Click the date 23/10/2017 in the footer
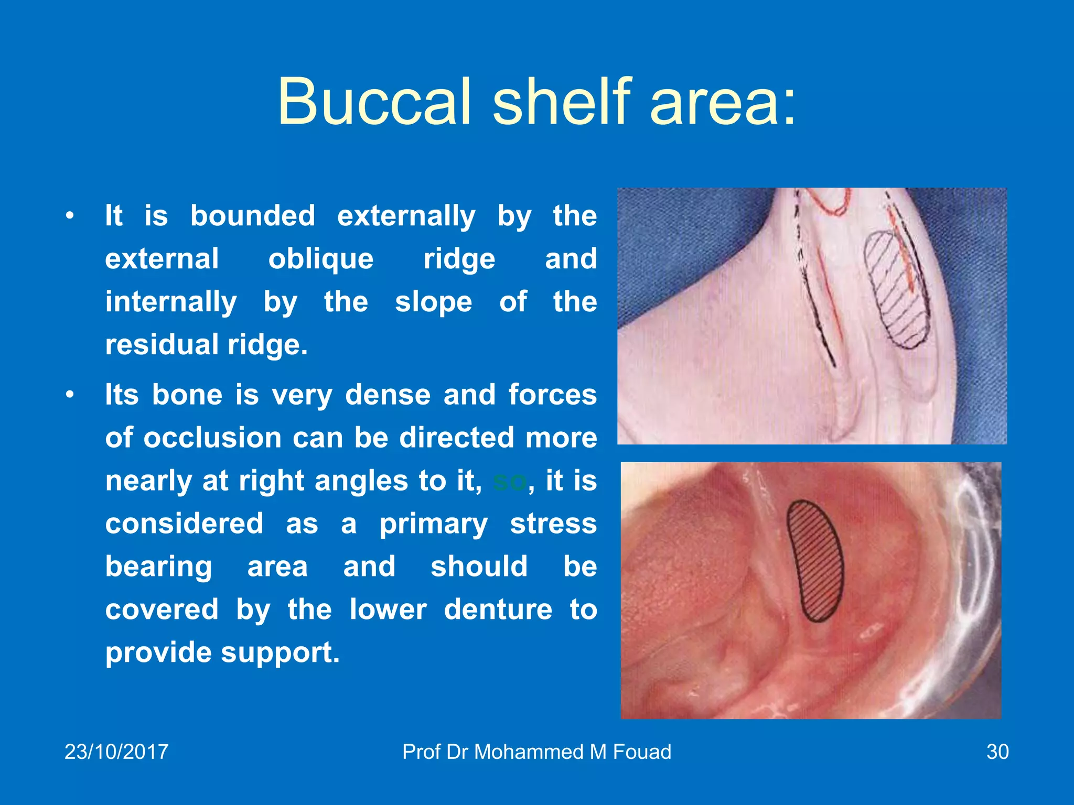point(116,752)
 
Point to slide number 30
point(997,752)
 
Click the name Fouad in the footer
point(642,752)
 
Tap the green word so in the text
point(509,481)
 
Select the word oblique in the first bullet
point(321,259)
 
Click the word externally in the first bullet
point(406,216)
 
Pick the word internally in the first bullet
point(171,302)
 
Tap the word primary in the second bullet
point(433,524)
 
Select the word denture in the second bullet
point(498,610)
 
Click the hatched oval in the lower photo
point(816,561)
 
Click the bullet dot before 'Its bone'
point(70,395)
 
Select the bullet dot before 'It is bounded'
point(70,216)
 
